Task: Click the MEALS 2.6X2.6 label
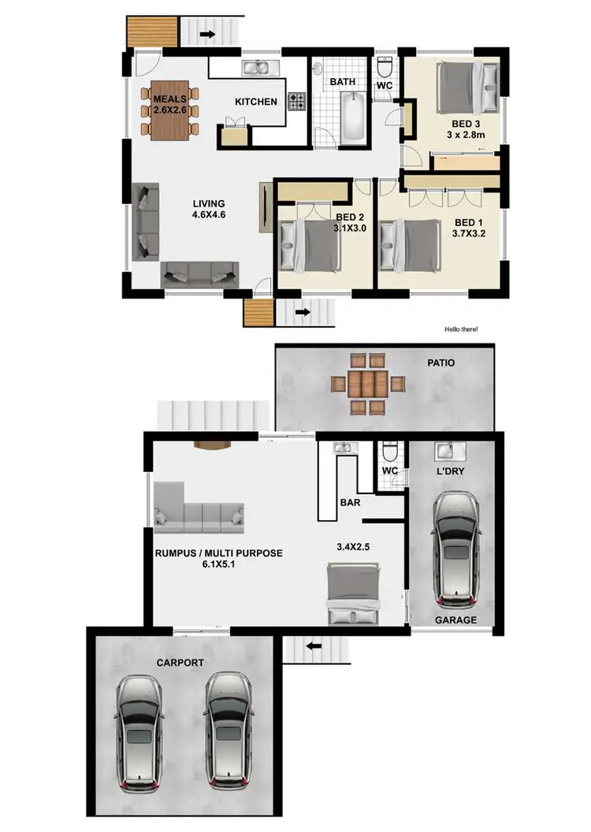point(169,104)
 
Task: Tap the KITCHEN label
point(256,101)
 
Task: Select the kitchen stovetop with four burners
point(296,101)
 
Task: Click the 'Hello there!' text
point(461,329)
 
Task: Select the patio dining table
point(366,384)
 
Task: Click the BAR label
point(350,500)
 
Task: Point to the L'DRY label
point(448,471)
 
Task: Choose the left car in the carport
point(139,731)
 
